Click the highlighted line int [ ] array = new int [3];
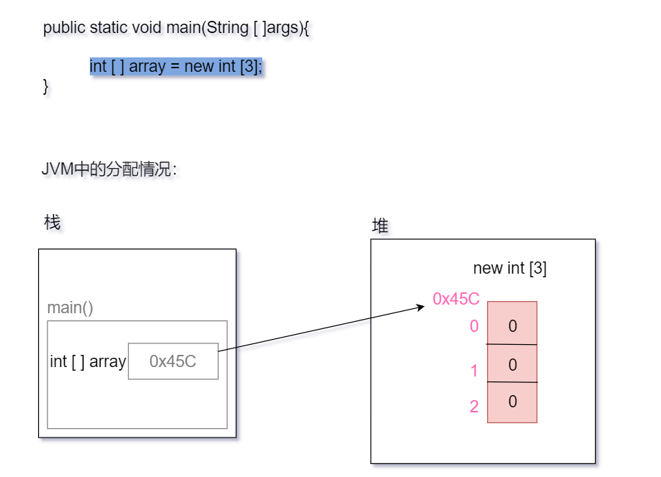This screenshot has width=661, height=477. (176, 67)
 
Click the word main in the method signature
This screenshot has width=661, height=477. (182, 28)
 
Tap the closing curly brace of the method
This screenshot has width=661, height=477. (46, 86)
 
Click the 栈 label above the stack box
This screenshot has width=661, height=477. (52, 223)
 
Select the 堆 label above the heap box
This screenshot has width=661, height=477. (380, 226)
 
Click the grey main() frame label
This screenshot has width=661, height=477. (70, 308)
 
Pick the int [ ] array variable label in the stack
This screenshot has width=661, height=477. (88, 361)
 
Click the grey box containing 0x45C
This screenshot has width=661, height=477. (173, 361)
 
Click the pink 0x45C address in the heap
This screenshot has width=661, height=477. (456, 299)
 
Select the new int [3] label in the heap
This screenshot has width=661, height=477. (510, 269)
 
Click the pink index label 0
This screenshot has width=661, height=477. (474, 326)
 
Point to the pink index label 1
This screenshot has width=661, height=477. (474, 371)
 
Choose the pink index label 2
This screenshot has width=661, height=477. (474, 407)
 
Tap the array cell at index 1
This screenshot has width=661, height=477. (512, 364)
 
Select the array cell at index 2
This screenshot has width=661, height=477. (512, 402)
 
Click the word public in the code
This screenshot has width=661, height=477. (64, 28)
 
